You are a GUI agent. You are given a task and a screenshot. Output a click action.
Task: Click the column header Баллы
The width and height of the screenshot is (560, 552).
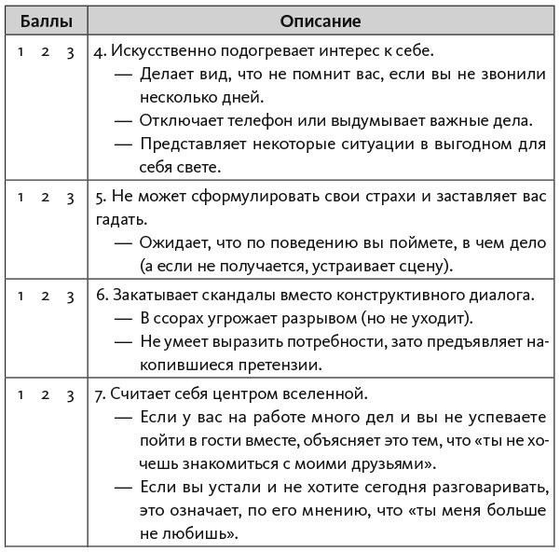click(x=44, y=20)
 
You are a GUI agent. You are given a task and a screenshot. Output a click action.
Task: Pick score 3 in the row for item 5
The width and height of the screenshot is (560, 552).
click(x=70, y=197)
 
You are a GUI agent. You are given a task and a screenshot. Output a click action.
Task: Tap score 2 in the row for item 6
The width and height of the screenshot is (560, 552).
click(x=45, y=296)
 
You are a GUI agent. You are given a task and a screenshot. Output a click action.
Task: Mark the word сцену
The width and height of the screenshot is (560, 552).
click(x=423, y=267)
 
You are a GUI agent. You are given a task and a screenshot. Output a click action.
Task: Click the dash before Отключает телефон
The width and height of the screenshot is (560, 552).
click(x=123, y=121)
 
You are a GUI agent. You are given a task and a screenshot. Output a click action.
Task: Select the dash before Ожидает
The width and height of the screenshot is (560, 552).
click(x=123, y=243)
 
